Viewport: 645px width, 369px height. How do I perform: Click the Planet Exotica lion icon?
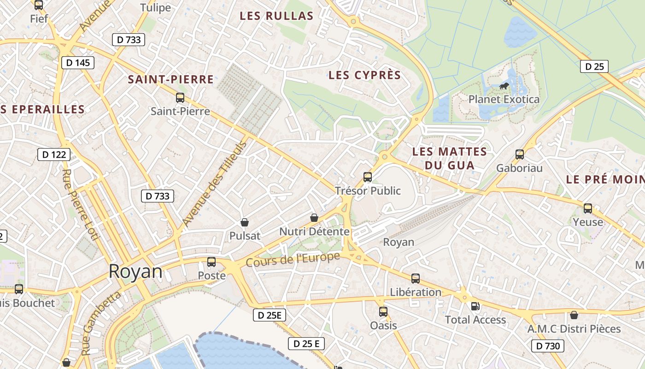click(x=504, y=86)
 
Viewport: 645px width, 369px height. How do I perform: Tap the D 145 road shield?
click(x=77, y=63)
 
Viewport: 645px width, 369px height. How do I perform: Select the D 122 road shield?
click(x=54, y=155)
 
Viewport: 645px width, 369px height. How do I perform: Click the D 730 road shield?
click(x=548, y=346)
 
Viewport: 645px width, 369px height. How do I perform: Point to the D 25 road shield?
click(x=594, y=66)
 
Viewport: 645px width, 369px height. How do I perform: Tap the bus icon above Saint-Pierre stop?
click(x=180, y=98)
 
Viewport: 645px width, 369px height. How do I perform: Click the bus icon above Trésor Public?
click(x=368, y=177)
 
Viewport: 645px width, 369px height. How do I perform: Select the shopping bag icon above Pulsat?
click(x=245, y=222)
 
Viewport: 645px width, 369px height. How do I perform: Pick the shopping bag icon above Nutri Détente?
click(x=314, y=218)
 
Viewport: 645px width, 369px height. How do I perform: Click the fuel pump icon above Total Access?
click(x=475, y=306)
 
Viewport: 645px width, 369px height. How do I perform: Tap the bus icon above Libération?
click(x=416, y=279)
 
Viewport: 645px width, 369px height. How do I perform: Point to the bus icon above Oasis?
click(x=383, y=312)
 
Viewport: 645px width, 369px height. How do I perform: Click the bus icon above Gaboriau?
click(x=520, y=155)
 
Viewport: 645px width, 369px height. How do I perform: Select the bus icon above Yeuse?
click(x=588, y=208)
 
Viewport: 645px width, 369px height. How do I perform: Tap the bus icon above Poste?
click(x=211, y=262)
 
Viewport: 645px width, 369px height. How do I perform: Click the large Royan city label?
click(x=135, y=272)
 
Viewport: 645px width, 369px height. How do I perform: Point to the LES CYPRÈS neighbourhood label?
click(x=364, y=75)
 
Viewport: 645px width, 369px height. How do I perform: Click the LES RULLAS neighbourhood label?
click(x=276, y=16)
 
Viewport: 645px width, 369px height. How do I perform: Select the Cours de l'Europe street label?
click(x=293, y=260)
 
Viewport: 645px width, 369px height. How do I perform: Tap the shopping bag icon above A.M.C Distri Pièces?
click(x=574, y=315)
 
